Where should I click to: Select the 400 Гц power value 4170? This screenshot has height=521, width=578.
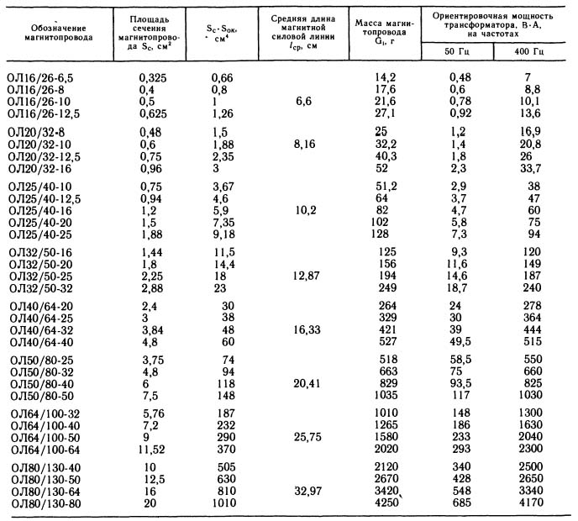pos(536,503)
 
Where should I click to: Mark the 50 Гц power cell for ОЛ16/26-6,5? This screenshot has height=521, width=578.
pos(460,77)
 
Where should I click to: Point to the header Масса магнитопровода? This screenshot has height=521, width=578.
pos(386,32)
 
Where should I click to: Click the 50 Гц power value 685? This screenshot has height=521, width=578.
pos(460,503)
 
